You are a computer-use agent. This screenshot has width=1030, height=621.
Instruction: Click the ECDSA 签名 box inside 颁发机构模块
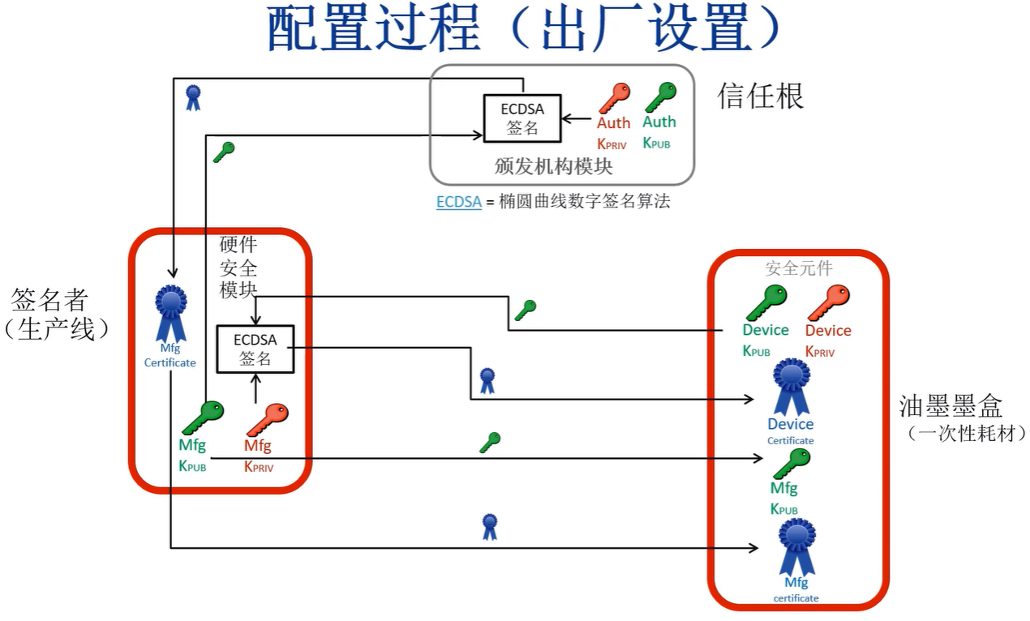522,118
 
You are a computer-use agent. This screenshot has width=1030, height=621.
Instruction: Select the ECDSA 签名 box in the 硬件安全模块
255,349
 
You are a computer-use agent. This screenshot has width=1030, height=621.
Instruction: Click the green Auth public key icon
660,97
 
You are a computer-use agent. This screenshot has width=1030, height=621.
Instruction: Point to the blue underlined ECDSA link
459,202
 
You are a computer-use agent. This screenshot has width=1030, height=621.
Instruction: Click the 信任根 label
760,96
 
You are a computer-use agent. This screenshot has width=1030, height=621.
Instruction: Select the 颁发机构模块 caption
553,166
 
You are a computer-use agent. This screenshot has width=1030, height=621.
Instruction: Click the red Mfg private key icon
267,420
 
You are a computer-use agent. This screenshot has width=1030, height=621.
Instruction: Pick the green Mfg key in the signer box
202,418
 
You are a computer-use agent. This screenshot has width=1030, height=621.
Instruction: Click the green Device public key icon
766,302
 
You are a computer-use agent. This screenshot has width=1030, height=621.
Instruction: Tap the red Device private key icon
828,302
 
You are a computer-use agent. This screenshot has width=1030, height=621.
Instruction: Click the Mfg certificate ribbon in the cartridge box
796,547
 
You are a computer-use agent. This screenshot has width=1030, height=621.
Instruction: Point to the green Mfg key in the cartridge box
791,464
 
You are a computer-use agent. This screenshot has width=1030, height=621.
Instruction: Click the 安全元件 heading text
799,268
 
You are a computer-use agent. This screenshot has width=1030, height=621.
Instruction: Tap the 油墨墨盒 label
951,405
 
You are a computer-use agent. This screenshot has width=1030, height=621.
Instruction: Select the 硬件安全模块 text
238,267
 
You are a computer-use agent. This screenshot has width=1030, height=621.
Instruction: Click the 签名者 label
49,301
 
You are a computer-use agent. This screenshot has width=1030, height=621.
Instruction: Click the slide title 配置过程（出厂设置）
523,30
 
